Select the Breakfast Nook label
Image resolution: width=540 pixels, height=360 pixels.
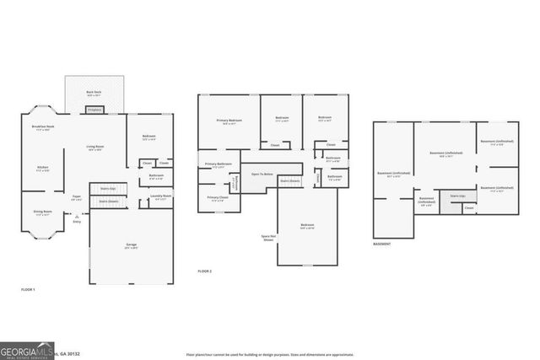tap(43, 127)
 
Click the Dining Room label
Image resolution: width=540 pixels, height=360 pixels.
tap(42, 213)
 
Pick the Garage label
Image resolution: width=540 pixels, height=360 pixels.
tap(132, 245)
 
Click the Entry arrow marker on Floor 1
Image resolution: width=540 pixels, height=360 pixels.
tap(78, 218)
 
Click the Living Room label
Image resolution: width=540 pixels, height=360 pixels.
tap(94, 148)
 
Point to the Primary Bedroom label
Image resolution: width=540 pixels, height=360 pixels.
tap(229, 121)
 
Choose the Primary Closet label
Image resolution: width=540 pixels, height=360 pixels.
tap(217, 199)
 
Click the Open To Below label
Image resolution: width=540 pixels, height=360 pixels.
tap(262, 174)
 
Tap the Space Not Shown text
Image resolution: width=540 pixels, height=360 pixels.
tap(267, 237)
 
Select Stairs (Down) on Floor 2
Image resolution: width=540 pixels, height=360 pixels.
tap(289, 180)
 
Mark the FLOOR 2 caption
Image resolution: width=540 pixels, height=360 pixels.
tap(205, 271)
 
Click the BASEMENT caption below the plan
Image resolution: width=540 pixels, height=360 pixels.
tap(381, 244)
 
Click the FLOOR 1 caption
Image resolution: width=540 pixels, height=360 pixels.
tap(29, 289)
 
